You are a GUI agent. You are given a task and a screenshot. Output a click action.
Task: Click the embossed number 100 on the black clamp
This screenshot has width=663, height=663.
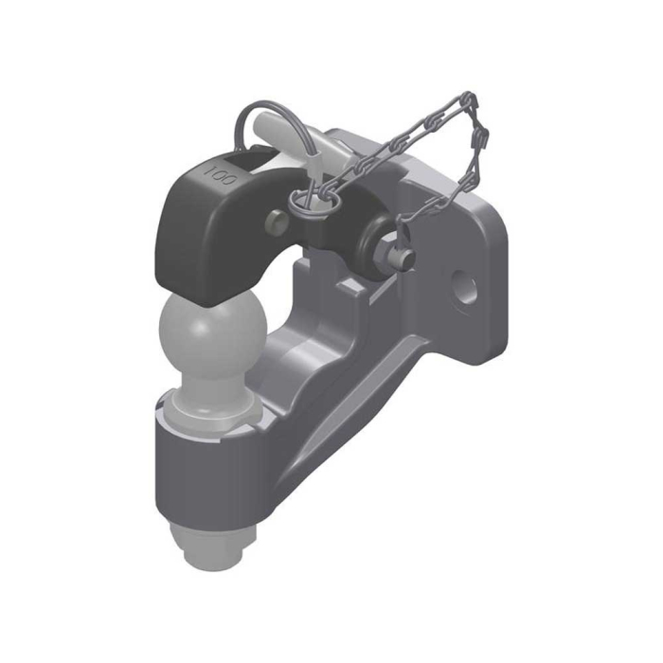[222, 176]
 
